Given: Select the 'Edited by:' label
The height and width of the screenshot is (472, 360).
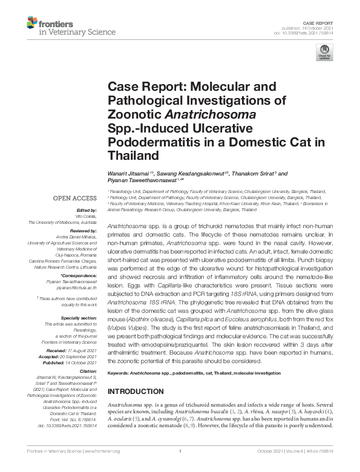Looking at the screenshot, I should tap(88, 209).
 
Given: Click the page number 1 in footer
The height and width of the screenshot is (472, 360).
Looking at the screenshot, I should tap(180, 467).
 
